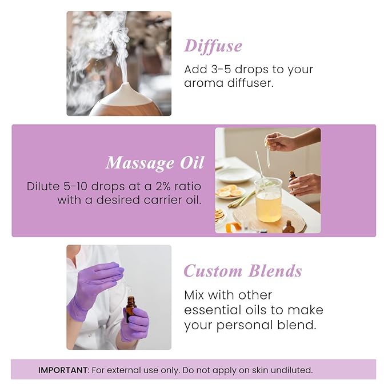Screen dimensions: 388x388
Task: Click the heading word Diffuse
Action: tap(213, 46)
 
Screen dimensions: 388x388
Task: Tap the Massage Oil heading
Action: tap(154, 163)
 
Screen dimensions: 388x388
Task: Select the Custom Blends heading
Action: tap(242, 271)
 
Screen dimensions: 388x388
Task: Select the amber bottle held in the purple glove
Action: tap(131, 308)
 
